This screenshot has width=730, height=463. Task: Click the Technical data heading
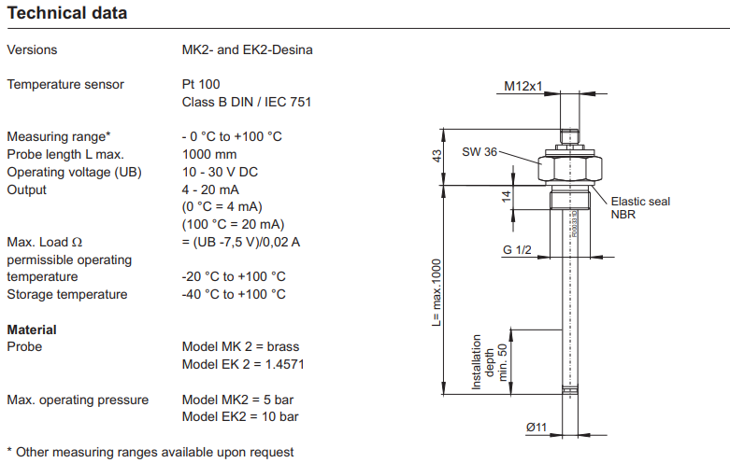click(67, 14)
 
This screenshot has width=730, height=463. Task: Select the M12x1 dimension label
click(523, 86)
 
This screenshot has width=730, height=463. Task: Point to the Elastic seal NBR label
click(640, 208)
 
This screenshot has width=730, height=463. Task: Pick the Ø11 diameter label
click(536, 427)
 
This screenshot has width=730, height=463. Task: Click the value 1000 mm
click(209, 154)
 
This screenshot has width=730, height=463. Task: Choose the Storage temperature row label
click(67, 294)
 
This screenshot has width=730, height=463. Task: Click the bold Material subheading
click(32, 330)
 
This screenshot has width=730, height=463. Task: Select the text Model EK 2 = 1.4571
click(242, 364)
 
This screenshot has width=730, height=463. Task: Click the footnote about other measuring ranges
click(150, 452)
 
